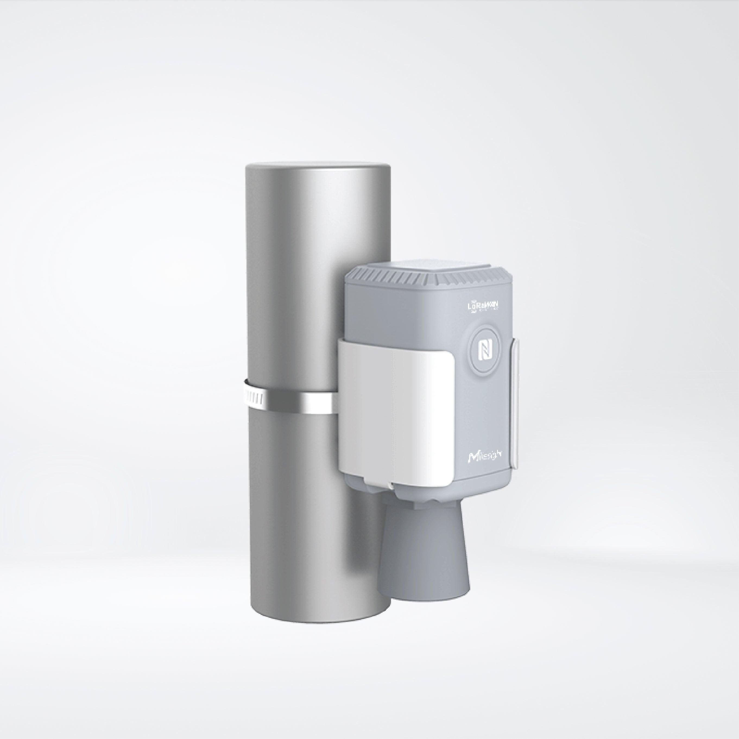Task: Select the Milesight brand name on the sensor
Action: [485, 456]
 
